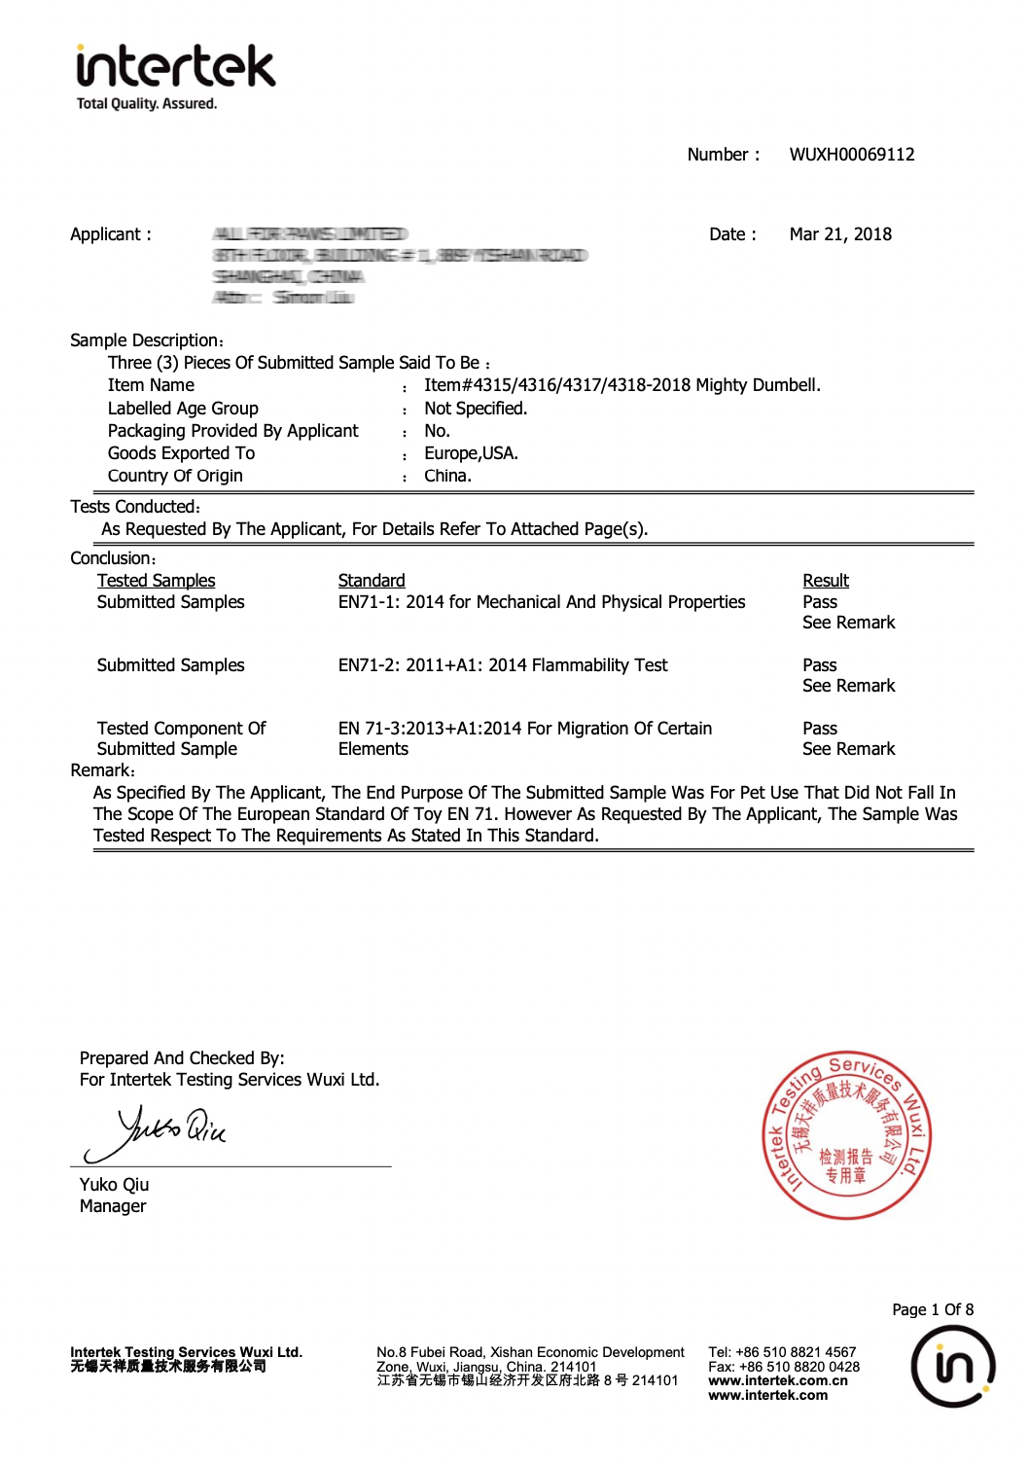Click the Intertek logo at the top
tap(175, 77)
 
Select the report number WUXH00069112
tap(851, 155)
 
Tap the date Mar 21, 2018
tap(839, 234)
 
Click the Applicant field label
tap(110, 234)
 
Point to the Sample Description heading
tap(147, 340)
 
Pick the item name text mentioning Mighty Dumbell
tap(621, 385)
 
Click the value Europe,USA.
tap(471, 453)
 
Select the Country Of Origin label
tap(175, 476)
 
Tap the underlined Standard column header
tap(372, 581)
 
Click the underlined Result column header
tap(825, 581)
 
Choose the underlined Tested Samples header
tap(156, 581)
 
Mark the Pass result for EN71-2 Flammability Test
tap(819, 665)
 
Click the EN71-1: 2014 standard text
tap(541, 602)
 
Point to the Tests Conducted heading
tap(135, 507)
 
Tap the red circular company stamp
tap(846, 1135)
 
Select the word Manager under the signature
tap(113, 1206)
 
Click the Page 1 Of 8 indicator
tap(932, 1309)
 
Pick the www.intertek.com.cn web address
tap(777, 1380)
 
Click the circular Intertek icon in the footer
tap(952, 1366)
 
